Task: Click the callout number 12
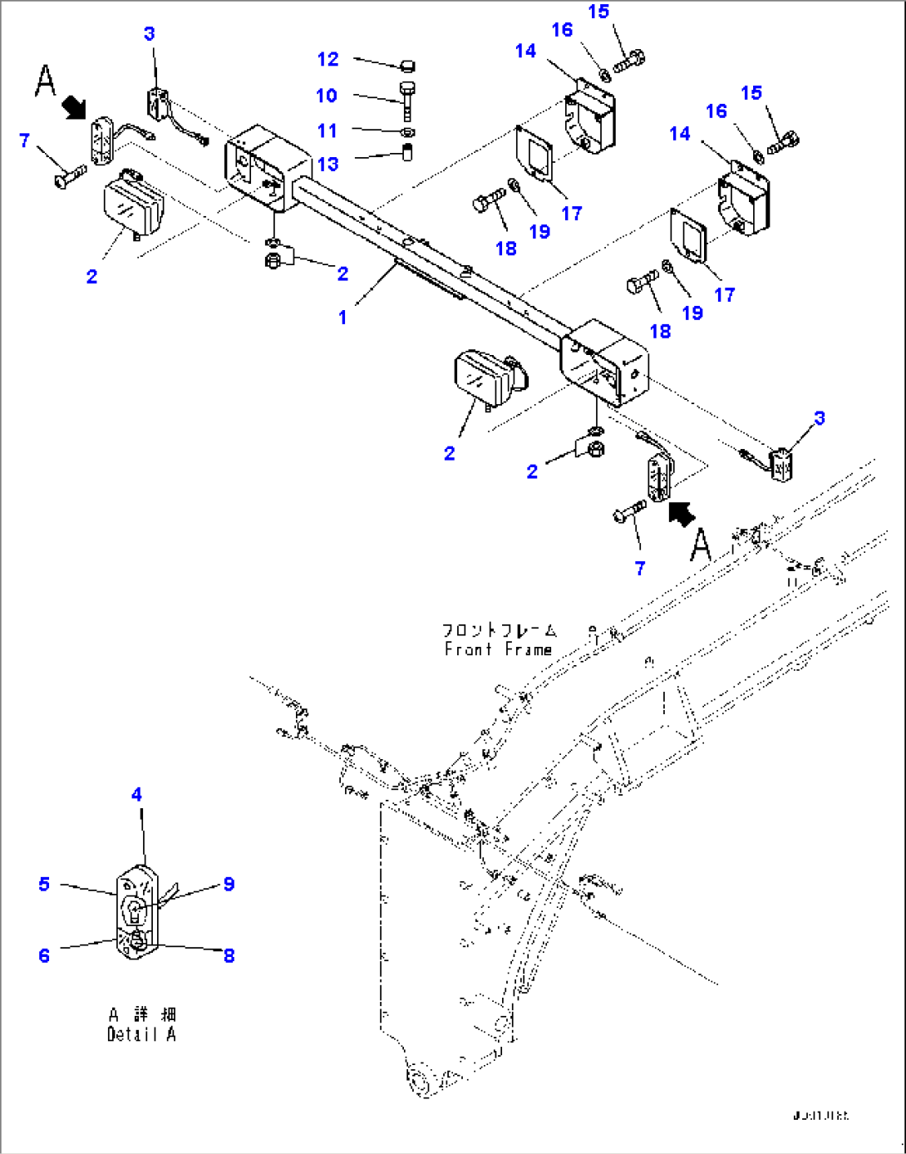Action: (328, 59)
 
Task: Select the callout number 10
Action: (327, 96)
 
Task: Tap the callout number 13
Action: (328, 164)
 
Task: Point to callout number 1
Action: (342, 317)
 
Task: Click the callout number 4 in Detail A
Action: (137, 795)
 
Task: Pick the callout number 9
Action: (229, 884)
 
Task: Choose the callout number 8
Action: (229, 955)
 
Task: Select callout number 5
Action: (44, 884)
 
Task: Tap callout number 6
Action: (44, 955)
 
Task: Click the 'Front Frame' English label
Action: (498, 649)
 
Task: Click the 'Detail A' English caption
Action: (141, 1034)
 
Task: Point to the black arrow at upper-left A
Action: (75, 106)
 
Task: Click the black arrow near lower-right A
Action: (681, 514)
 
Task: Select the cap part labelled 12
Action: (407, 66)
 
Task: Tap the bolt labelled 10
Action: (406, 97)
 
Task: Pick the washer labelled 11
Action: (406, 132)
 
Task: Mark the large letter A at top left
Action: (46, 81)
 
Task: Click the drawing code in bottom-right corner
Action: (820, 1115)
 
